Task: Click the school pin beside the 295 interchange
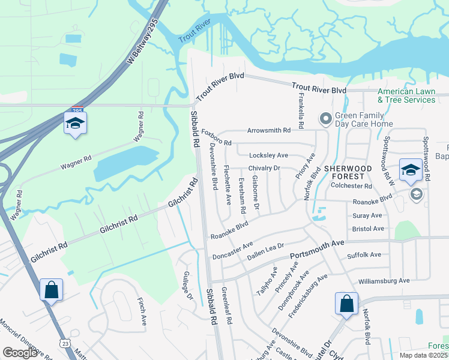(75, 124)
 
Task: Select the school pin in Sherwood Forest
(411, 170)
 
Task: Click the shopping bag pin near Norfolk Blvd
(346, 304)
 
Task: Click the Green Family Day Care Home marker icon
(325, 119)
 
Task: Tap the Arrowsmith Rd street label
(268, 130)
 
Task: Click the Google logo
(20, 353)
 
